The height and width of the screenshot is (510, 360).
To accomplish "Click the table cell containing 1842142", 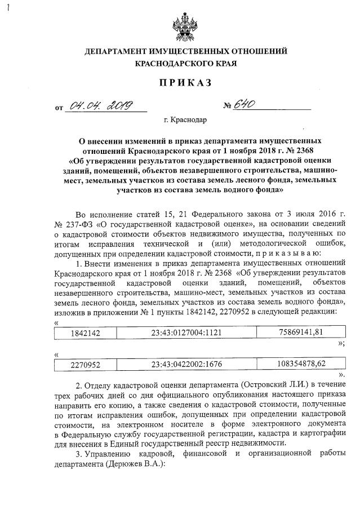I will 85,333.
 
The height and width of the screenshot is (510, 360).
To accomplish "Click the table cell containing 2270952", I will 85,365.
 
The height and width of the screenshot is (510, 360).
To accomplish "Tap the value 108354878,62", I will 301,364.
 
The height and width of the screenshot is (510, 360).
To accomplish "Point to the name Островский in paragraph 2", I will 265,384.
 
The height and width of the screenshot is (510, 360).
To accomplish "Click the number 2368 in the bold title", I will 307,150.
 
